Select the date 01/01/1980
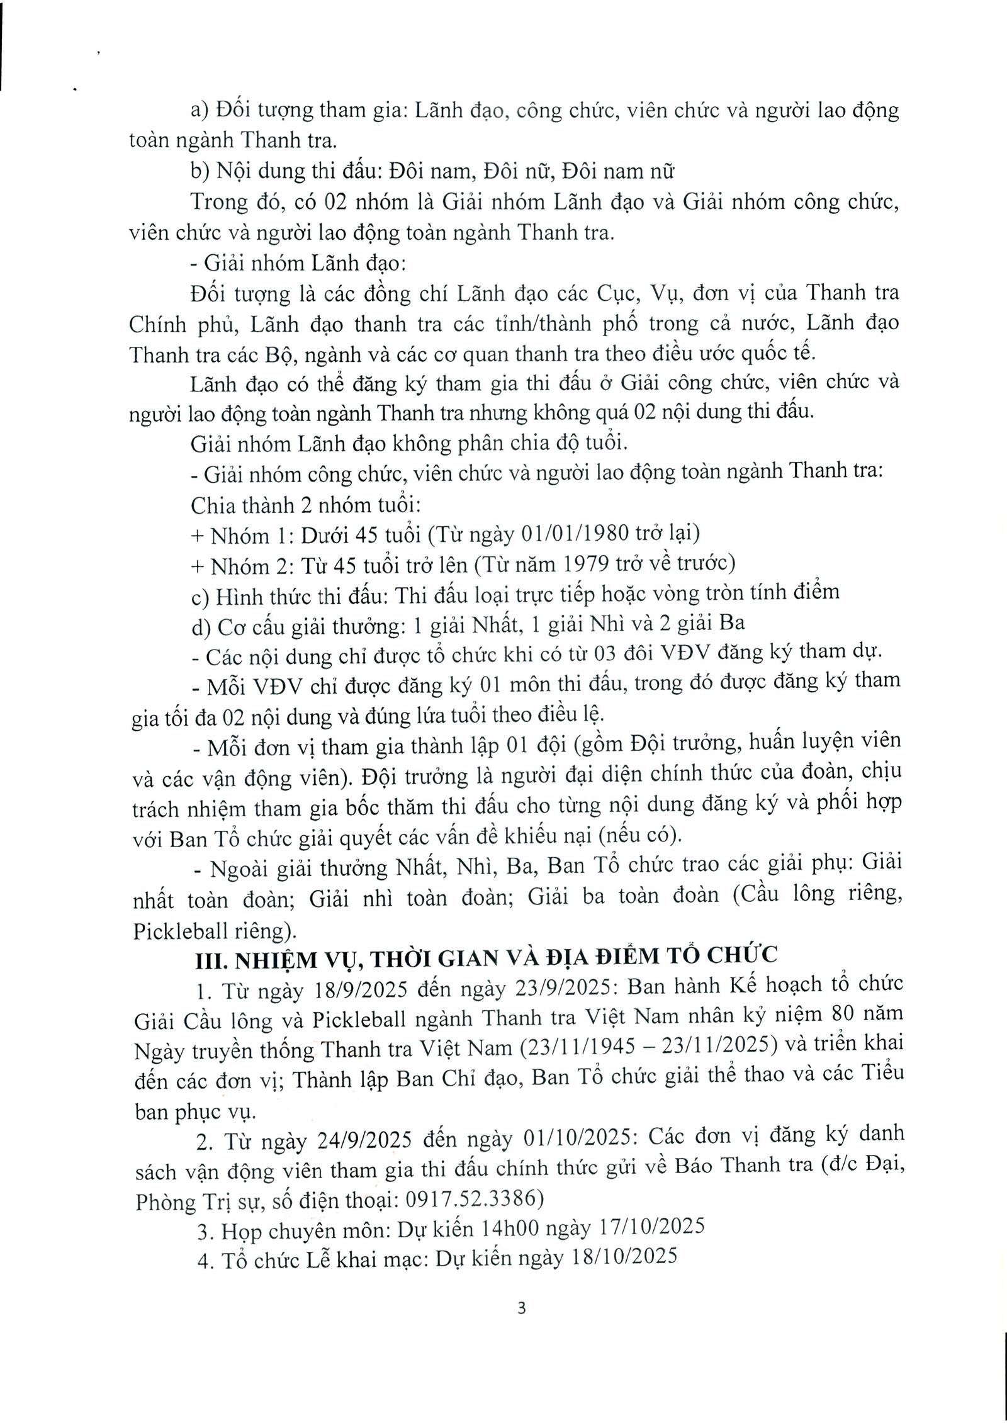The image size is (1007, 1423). pos(578,534)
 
